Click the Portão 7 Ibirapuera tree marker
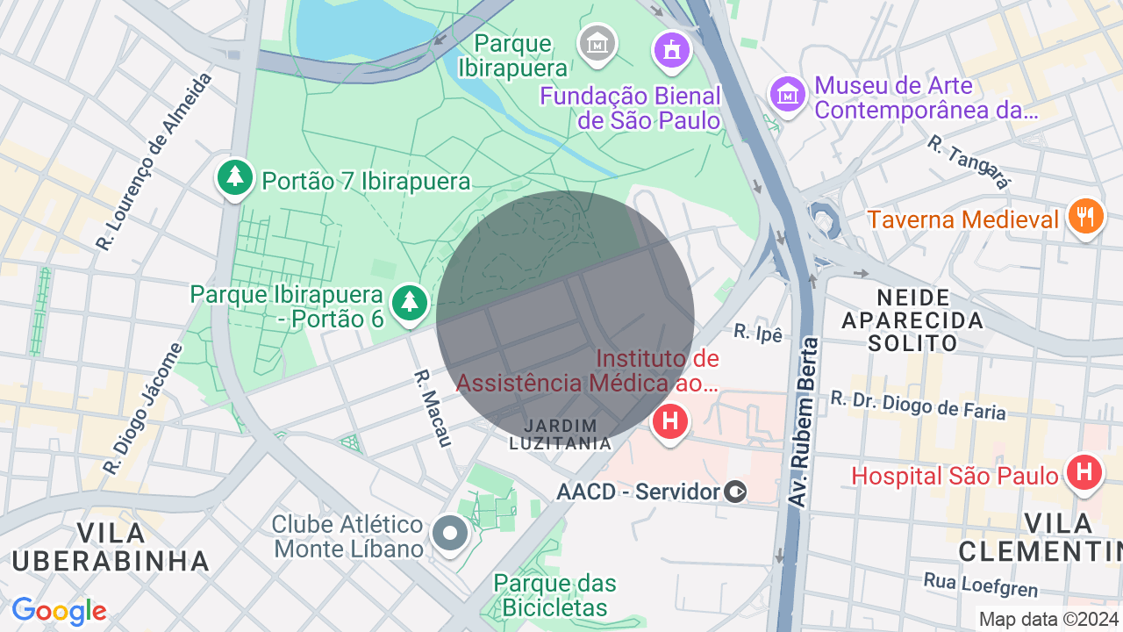tap(234, 178)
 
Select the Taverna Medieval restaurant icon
tap(1086, 217)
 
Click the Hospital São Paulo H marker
tap(1084, 473)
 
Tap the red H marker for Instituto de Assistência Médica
tap(670, 422)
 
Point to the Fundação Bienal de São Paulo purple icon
tap(672, 49)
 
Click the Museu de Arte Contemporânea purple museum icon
tap(788, 94)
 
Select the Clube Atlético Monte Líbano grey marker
tap(451, 533)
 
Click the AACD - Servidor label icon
tap(736, 492)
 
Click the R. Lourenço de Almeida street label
tap(155, 162)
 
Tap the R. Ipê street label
tap(757, 333)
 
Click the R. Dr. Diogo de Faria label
tap(918, 404)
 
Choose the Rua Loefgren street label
tap(980, 585)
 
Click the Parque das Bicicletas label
tap(554, 594)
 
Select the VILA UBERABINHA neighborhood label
tap(111, 546)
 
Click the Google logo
tap(59, 611)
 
